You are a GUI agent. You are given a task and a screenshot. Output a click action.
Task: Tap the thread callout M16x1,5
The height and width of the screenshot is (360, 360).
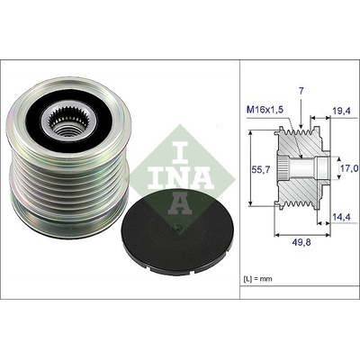265,110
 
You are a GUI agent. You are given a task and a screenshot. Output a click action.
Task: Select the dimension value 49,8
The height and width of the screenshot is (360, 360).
301,243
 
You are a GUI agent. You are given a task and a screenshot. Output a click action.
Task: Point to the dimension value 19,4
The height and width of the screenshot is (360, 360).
342,111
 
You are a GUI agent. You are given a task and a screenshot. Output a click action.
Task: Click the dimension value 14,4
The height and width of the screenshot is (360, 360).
342,217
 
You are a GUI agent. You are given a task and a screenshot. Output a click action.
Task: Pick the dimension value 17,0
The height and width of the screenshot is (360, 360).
350,168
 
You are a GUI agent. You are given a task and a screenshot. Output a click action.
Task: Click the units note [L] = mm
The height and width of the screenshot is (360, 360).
257,279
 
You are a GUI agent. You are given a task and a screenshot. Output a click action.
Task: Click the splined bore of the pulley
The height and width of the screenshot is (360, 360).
68,122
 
